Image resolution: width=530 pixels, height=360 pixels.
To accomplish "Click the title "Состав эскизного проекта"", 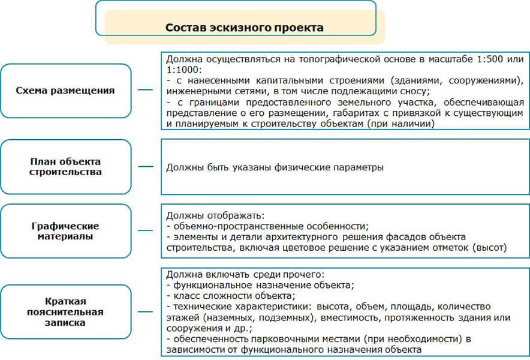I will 244,28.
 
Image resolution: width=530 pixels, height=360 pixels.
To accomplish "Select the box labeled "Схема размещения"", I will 65,91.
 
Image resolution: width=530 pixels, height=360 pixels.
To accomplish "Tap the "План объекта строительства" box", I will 65,167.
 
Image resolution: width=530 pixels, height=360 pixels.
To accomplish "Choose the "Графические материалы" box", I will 65,232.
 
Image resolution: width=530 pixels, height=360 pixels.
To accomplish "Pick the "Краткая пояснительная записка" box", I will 65,312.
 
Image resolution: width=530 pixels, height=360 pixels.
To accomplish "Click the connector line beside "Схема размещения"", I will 146,91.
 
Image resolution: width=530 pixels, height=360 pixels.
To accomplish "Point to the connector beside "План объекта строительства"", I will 146,167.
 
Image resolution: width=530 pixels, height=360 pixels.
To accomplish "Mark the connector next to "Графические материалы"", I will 146,232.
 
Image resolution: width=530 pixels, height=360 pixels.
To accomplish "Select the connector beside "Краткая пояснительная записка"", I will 146,312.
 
